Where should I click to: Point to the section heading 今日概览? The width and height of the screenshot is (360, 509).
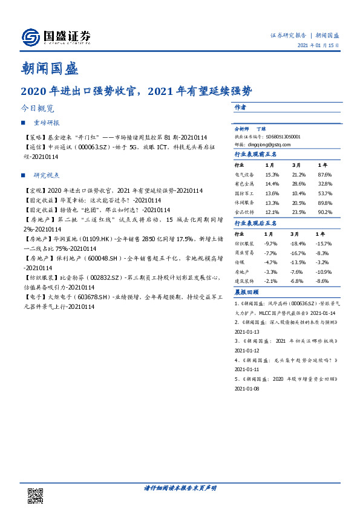(x=38, y=109)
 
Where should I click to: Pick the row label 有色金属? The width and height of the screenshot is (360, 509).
(x=244, y=183)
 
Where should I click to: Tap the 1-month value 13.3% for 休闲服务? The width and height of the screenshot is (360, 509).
(x=272, y=203)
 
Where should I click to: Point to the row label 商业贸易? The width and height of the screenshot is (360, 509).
(x=244, y=253)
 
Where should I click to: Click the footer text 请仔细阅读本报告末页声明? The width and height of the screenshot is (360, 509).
(x=180, y=487)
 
